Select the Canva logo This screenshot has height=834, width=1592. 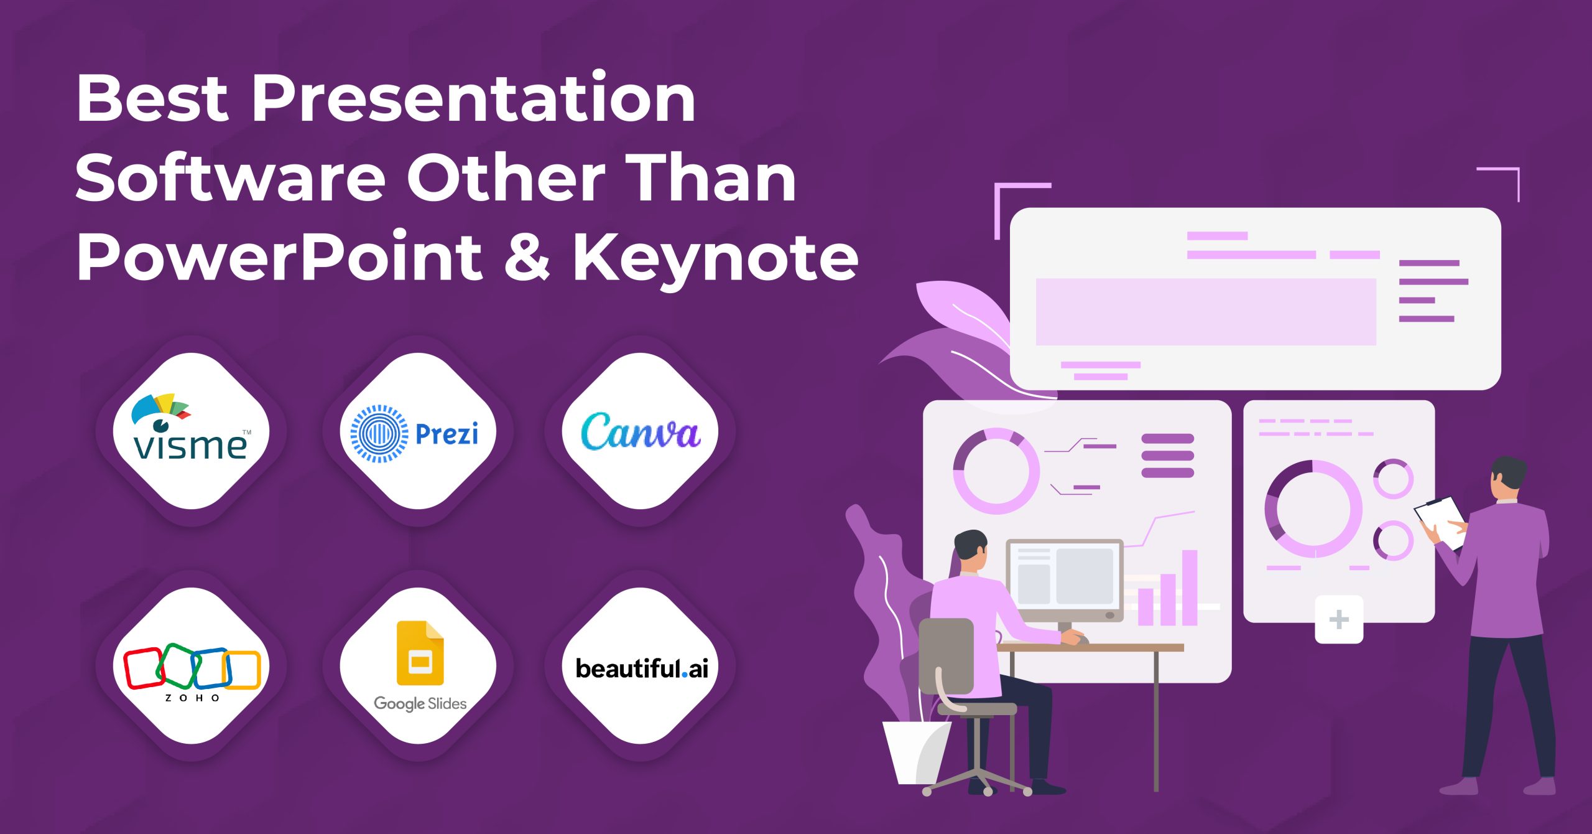click(640, 431)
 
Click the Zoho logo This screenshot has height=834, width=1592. click(191, 668)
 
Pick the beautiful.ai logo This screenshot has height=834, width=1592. click(641, 668)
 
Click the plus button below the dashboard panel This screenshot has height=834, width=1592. click(1339, 620)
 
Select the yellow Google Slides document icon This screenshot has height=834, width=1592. click(420, 653)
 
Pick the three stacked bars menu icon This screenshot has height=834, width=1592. click(1167, 456)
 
